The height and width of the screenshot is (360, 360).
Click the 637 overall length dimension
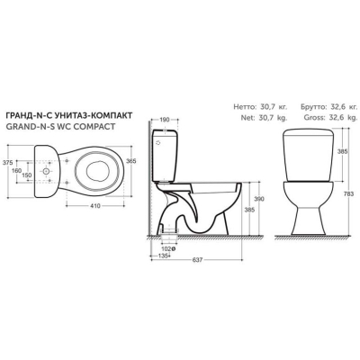coord(197,260)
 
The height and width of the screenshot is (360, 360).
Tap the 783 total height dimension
coord(354,193)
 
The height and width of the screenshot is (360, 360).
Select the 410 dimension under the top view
coord(94,206)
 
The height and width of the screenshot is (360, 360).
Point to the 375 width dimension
coord(7,163)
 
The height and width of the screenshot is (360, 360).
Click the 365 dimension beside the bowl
coord(131,161)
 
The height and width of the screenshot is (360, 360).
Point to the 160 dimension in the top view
coord(17,170)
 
